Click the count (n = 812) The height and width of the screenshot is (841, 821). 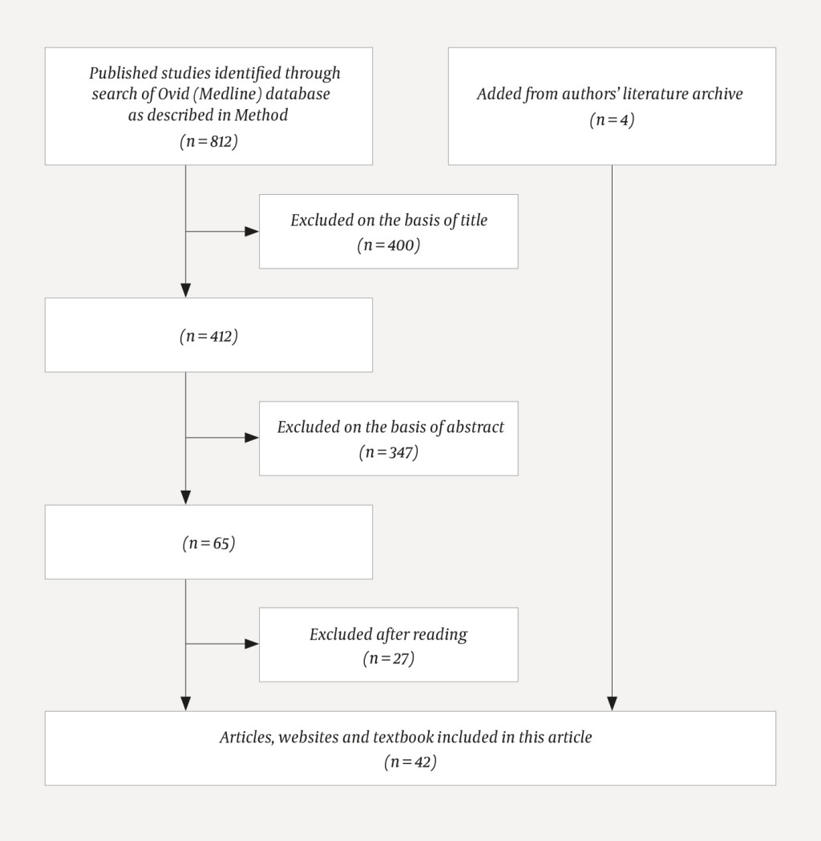(208, 141)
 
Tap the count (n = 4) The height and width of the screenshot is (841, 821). (612, 120)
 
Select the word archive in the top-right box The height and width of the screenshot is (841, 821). (714, 94)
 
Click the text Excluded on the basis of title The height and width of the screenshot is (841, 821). (389, 220)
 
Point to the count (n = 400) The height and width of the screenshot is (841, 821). (389, 246)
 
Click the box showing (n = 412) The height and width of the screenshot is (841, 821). (208, 336)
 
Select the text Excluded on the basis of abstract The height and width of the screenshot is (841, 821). (390, 427)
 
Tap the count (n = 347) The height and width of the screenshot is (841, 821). (389, 453)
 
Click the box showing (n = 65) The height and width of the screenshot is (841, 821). (208, 543)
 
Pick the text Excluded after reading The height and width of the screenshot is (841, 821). (389, 634)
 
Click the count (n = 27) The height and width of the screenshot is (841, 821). (389, 660)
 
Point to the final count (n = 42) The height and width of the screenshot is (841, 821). (410, 762)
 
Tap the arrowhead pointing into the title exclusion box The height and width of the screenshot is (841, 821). (253, 232)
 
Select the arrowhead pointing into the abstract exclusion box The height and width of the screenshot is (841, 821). (253, 438)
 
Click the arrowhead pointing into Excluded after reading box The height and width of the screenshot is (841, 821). (253, 644)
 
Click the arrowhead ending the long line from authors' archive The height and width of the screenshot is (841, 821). (612, 703)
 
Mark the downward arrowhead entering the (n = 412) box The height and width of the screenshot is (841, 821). (186, 290)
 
